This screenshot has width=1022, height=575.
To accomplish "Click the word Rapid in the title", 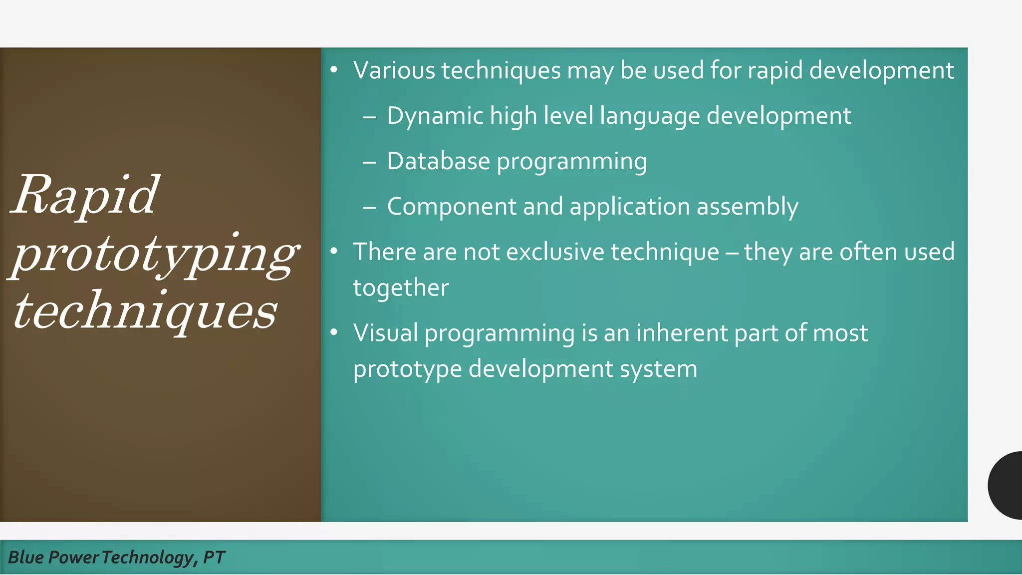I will [85, 196].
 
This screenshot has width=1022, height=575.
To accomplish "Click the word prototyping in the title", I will [155, 255].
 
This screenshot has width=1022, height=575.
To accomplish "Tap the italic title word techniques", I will [145, 311].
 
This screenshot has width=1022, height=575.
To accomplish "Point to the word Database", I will [438, 161].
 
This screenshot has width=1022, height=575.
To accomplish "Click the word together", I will [401, 288].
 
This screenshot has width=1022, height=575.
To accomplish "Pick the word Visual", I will [385, 333].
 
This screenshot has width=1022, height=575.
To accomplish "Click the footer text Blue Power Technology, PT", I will [116, 557].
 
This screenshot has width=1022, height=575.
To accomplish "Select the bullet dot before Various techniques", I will [334, 70].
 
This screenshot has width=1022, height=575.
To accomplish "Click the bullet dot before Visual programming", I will [334, 332].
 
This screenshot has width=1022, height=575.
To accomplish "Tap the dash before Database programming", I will [369, 162].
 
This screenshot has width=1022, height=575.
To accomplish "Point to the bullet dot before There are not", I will [334, 251].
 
